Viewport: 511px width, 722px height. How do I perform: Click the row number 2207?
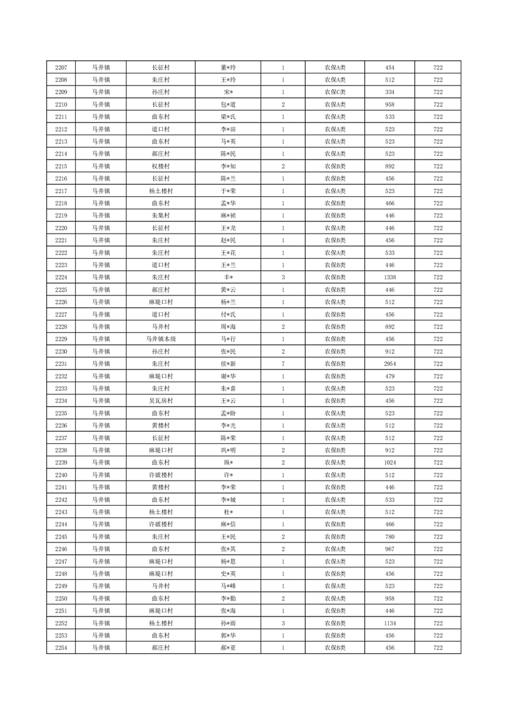(61, 68)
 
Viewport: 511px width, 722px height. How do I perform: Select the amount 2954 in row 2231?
(389, 364)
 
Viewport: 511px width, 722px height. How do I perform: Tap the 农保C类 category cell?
(335, 92)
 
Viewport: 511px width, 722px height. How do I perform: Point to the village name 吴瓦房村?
(160, 401)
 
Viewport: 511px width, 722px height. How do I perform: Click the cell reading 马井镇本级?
(160, 339)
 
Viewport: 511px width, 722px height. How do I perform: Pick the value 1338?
(389, 277)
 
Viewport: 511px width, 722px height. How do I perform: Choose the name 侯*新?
(228, 364)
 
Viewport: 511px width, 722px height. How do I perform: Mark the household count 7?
(283, 364)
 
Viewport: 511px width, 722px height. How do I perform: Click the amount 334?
(389, 92)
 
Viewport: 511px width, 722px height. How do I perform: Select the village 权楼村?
(160, 166)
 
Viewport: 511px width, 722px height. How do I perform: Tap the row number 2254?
(61, 648)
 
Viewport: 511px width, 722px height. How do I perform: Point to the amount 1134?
(389, 624)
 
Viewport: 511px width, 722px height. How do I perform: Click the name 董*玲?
(228, 68)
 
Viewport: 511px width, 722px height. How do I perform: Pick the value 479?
(389, 376)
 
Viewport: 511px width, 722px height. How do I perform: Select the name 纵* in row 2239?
(228, 463)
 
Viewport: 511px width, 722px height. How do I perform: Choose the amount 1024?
(389, 463)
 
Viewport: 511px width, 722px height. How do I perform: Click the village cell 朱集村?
(160, 216)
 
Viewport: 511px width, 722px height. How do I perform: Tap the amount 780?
(389, 537)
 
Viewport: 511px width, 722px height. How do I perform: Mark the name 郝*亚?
(228, 648)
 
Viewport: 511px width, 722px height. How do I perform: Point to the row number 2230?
(61, 351)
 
